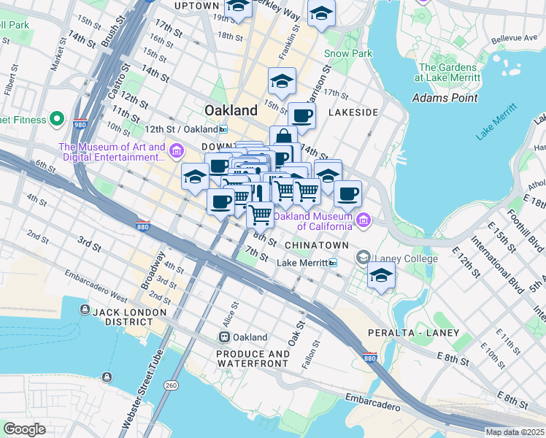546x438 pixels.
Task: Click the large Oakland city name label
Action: (231, 110)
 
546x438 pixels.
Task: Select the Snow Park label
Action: (348, 53)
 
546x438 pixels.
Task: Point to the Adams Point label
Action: (445, 98)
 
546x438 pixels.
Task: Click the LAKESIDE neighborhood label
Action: (353, 112)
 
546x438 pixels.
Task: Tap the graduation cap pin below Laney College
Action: (381, 276)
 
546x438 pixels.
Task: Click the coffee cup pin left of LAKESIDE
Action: (301, 115)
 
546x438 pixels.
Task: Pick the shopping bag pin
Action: (283, 137)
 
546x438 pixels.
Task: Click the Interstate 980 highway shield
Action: (80, 123)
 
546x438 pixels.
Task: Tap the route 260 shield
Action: (172, 385)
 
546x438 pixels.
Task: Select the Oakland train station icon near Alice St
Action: (225, 337)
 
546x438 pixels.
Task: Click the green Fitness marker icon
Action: (56, 120)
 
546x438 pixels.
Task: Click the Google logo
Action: (24, 429)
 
